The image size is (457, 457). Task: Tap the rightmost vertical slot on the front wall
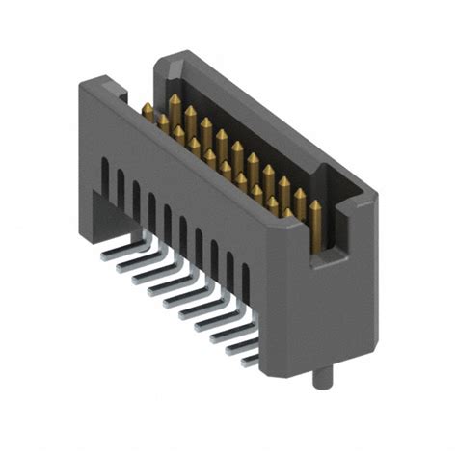(x=245, y=281)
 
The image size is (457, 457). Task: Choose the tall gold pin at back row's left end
(x=175, y=101)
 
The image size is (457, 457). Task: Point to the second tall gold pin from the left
(x=190, y=115)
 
